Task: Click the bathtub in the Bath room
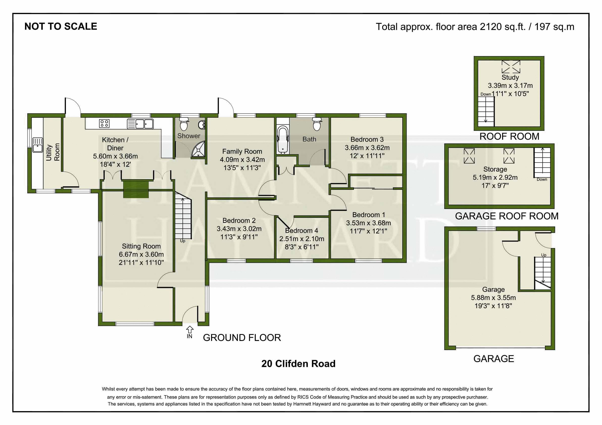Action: point(283,140)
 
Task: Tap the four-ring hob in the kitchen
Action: point(104,123)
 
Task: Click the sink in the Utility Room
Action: point(37,145)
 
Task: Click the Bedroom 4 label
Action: point(302,231)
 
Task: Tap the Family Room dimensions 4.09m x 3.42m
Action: point(242,160)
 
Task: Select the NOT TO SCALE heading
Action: point(61,26)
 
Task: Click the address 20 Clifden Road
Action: point(298,364)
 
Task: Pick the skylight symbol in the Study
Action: point(511,67)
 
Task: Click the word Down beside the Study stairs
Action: point(486,94)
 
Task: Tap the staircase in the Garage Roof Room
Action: point(542,162)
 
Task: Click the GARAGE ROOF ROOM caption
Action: point(507,216)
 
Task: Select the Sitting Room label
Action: point(141,246)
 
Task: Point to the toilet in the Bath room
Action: point(317,124)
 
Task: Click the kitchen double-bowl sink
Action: point(140,124)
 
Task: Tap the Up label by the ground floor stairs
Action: point(183,241)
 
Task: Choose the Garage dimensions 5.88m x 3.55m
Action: point(493,298)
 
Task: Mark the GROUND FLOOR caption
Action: point(242,338)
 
